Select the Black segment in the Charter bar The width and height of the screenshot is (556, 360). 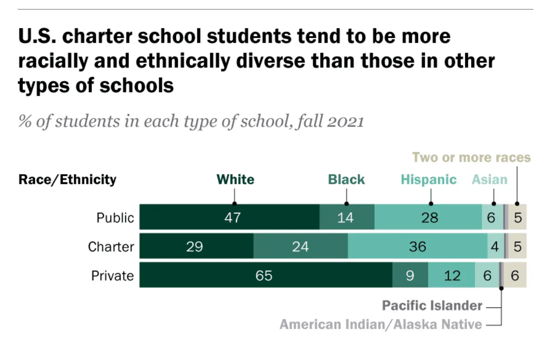point(300,247)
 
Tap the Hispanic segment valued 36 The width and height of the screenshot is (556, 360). point(417,247)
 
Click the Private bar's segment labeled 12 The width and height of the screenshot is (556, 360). point(452,275)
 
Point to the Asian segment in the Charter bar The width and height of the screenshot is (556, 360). point(495,247)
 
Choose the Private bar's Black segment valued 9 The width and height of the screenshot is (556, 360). point(410,275)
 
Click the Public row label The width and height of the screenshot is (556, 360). point(115,217)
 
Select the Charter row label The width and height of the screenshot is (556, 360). point(111,247)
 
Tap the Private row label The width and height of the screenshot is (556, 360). point(113,275)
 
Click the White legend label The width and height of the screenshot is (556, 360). point(235,180)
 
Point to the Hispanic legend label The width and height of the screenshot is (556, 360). point(428,180)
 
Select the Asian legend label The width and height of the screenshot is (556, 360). point(489,180)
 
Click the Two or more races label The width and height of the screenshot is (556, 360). point(471,157)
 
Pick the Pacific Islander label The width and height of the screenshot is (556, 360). point(432,305)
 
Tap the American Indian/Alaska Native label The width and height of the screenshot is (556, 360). point(381,324)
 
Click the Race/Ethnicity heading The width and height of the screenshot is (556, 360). point(67,180)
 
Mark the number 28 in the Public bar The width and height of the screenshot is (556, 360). point(430,217)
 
